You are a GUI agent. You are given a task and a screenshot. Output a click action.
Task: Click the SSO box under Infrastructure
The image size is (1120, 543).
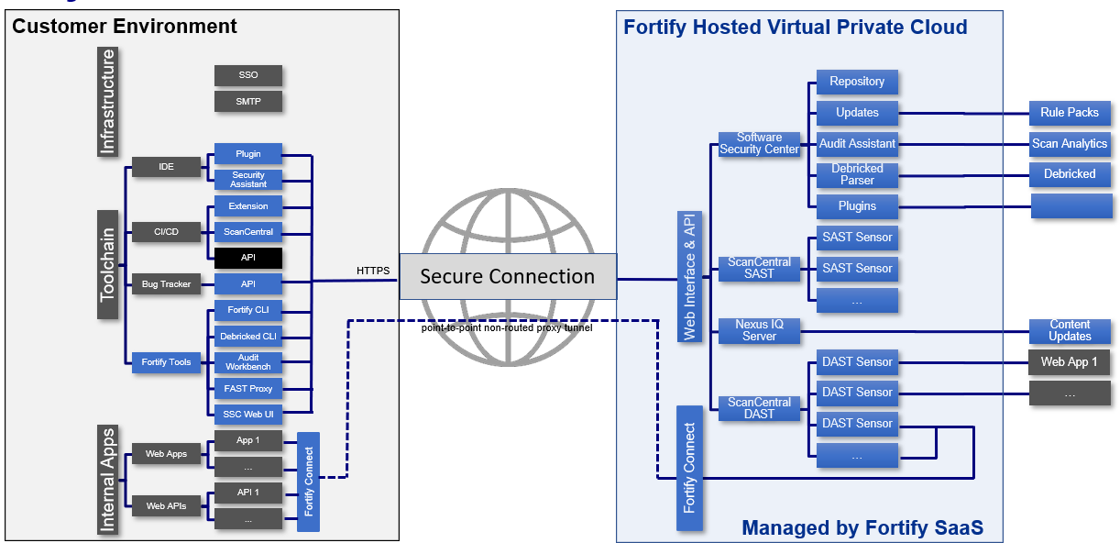click(x=248, y=75)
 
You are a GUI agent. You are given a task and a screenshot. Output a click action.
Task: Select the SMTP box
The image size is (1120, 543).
click(x=248, y=101)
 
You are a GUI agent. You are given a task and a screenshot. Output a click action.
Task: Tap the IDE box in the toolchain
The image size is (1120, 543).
click(x=166, y=167)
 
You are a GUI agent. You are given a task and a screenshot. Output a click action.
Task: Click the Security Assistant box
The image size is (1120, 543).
click(x=248, y=180)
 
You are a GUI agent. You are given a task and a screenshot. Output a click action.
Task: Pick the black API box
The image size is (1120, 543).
click(x=248, y=258)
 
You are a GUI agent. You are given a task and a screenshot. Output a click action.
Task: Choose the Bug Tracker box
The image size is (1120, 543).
click(x=166, y=284)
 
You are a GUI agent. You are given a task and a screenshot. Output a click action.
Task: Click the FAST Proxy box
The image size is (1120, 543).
click(x=248, y=389)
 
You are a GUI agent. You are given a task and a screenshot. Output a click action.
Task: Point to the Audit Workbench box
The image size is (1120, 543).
click(x=248, y=362)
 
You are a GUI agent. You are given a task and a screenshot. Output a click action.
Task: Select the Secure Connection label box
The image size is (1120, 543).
click(x=508, y=277)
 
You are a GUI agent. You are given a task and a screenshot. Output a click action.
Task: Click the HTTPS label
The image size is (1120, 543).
click(x=373, y=271)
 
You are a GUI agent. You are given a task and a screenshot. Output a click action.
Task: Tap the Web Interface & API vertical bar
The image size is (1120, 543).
click(x=689, y=276)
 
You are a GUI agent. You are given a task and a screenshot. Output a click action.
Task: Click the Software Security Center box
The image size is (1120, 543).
click(x=759, y=144)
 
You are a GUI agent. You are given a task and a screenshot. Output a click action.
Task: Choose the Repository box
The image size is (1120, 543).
click(x=857, y=82)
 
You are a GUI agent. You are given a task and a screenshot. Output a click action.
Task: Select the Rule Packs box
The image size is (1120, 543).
click(x=1070, y=113)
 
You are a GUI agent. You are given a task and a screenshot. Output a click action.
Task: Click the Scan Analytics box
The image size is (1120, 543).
click(x=1070, y=144)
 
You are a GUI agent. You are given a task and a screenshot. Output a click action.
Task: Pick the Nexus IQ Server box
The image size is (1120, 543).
click(x=759, y=330)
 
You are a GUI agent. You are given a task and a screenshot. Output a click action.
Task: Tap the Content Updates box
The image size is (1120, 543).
click(x=1070, y=330)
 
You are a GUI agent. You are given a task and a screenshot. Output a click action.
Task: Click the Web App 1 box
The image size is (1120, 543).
click(x=1070, y=362)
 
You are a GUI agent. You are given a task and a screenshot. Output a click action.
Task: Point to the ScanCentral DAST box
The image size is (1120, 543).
click(x=759, y=408)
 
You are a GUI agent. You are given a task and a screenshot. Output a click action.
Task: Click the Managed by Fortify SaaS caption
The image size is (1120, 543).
click(x=862, y=527)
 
